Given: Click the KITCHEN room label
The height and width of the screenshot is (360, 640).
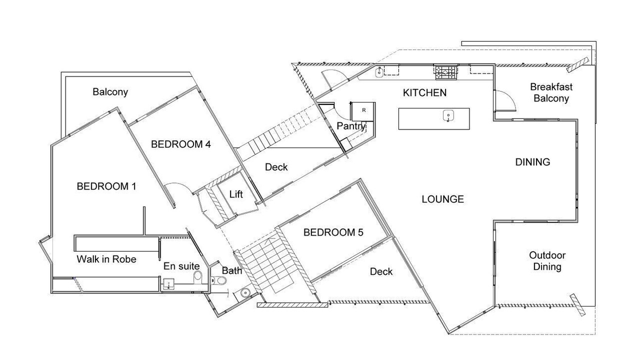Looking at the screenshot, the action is pos(424,92).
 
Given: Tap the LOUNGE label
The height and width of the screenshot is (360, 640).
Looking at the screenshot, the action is pos(442,199).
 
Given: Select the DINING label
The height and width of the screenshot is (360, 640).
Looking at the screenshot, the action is pos(532,162).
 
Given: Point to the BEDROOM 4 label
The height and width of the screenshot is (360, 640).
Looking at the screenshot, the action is pos(180,144).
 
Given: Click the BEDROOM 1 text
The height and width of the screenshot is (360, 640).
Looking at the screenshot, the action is pos(106,186).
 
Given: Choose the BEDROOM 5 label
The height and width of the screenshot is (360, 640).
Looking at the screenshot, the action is pos(333,232).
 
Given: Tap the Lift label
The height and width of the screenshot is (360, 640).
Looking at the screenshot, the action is pos(236,194).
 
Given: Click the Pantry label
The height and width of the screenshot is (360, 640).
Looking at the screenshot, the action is pos(351,126).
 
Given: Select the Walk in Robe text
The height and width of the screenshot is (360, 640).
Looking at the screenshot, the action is pos(106,259).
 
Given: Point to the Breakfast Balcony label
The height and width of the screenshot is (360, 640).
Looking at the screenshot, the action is pos(551,92).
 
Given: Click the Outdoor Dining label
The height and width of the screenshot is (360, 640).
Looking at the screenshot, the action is pos(547,261).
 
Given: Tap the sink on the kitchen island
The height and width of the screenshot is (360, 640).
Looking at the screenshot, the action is pos(448,115).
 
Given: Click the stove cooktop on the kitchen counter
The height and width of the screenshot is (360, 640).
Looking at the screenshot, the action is pos(445,72).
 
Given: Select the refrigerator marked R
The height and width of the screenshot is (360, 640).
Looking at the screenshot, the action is pos(363,111).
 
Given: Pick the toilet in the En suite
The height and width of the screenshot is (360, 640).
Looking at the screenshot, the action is pos(197,277).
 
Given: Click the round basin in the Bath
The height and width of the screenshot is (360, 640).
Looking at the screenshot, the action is pos(245,293).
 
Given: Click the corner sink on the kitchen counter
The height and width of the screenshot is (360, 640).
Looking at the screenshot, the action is pos(379,72).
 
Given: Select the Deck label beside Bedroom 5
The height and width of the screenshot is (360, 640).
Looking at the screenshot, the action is pos(381,271).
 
